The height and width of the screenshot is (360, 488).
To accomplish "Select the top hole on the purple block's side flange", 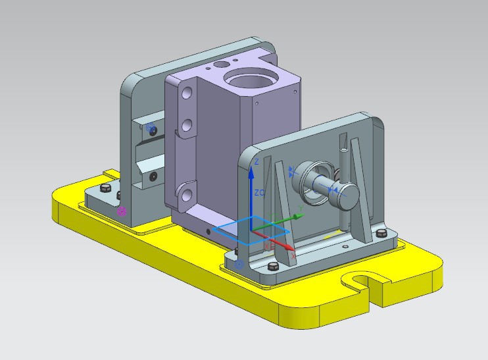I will [x=187, y=92].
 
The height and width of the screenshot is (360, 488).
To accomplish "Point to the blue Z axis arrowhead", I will [x=251, y=172].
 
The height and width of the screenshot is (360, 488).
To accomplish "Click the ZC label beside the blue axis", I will [x=260, y=193].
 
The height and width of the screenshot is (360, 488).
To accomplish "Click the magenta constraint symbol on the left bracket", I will [x=122, y=212].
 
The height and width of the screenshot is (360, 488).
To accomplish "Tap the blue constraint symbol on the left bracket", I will [x=151, y=127].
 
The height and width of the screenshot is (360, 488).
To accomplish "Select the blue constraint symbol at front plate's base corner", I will [x=239, y=265].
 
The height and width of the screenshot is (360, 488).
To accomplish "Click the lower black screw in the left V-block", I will [x=153, y=176].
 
